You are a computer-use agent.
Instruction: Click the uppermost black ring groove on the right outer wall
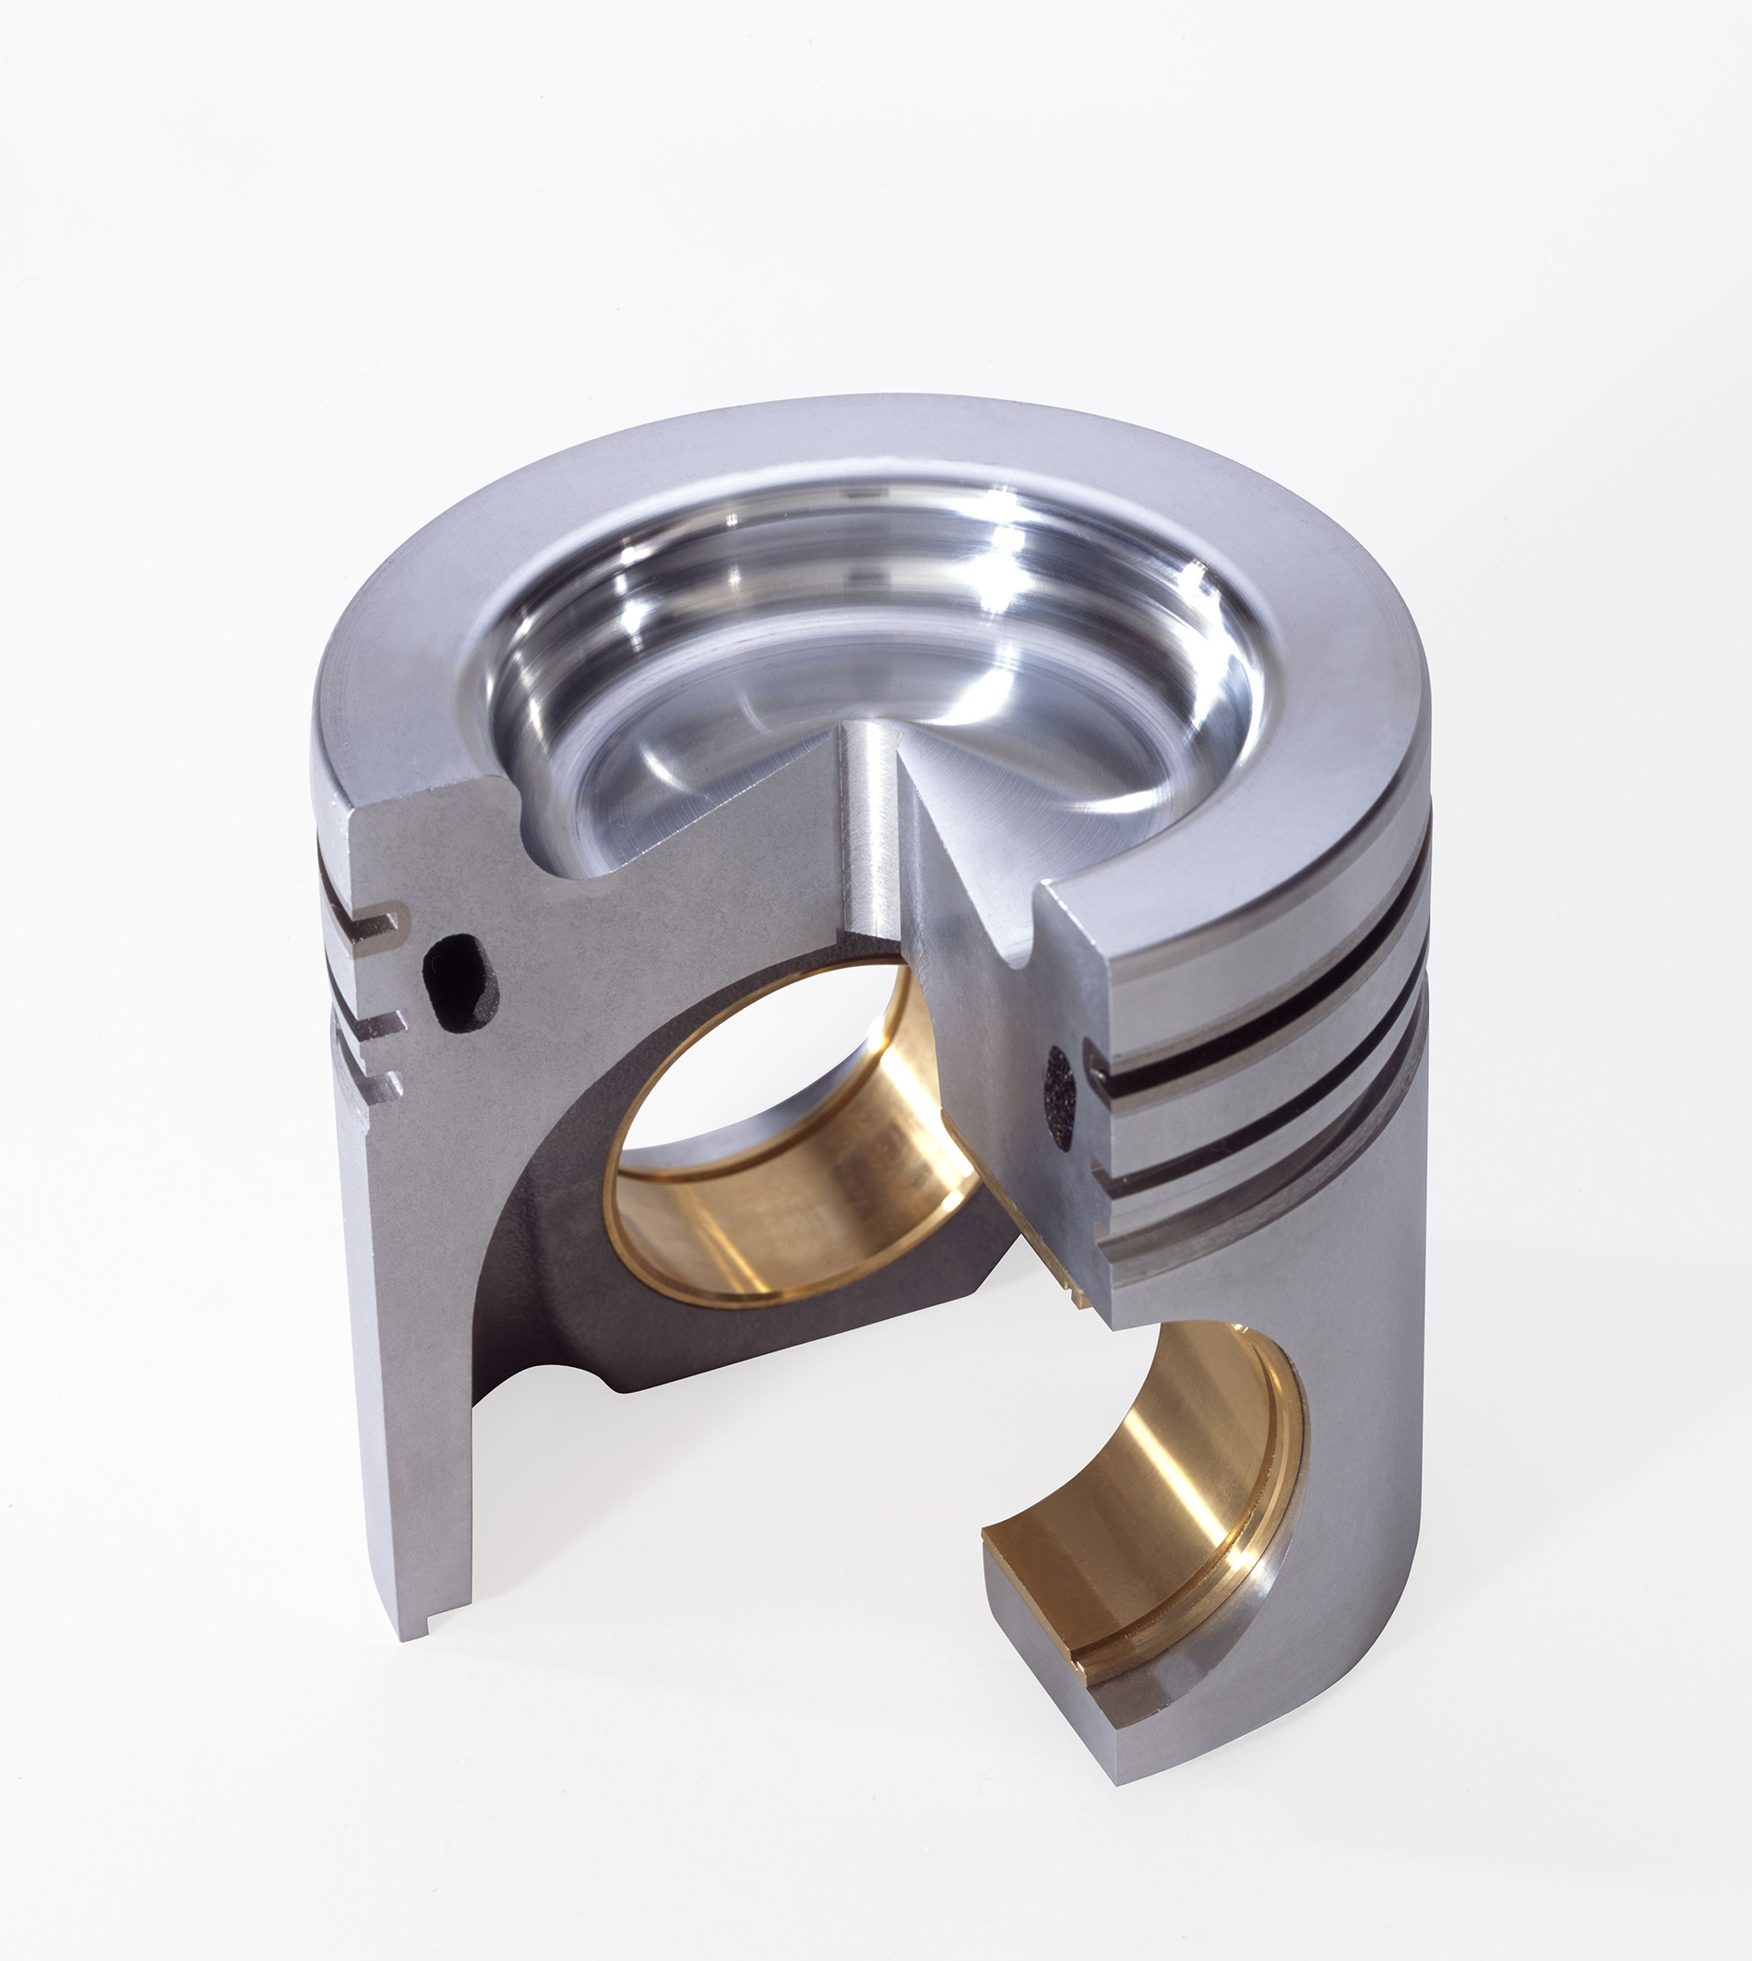(x=1270, y=1020)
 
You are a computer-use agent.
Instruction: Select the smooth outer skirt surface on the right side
(x=1367, y=1444)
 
